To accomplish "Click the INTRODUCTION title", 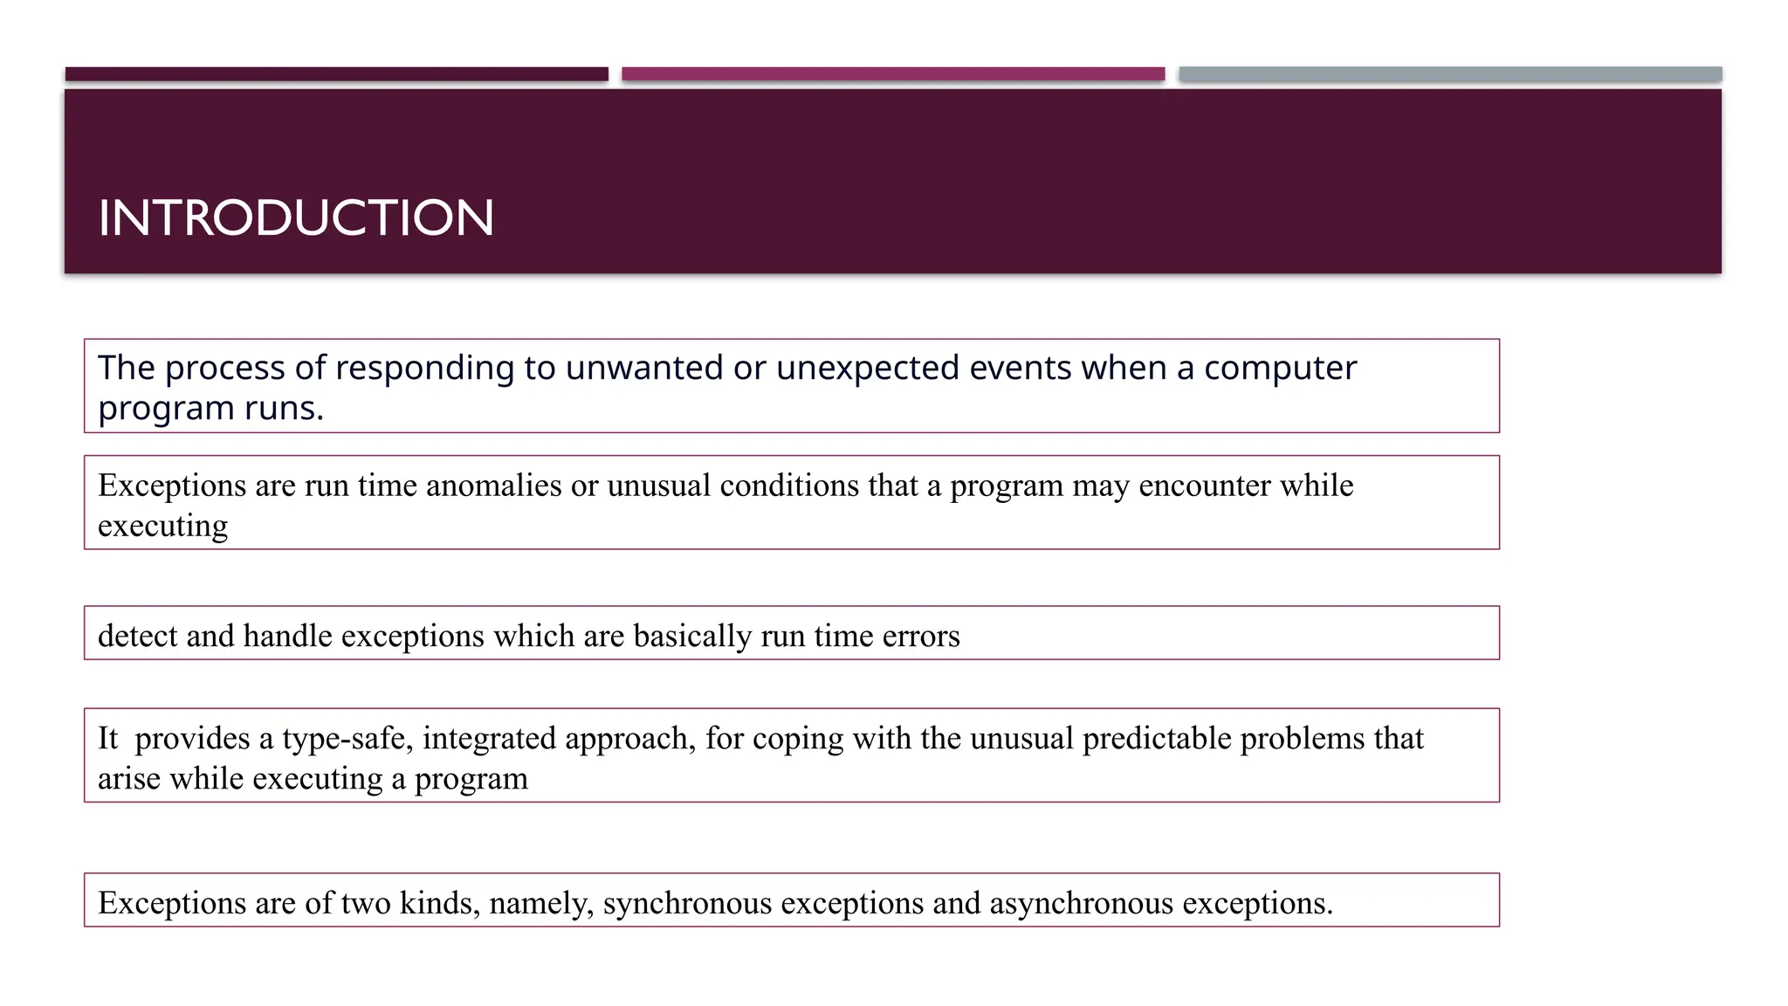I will click(x=296, y=217).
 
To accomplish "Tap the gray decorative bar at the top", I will click(x=1450, y=74).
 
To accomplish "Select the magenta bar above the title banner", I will click(x=893, y=74).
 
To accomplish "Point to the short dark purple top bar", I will click(x=336, y=74).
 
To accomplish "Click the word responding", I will click(x=424, y=369).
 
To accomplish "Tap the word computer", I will click(x=1280, y=369).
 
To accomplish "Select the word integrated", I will click(x=490, y=739).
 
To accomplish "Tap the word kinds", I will click(x=439, y=902).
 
